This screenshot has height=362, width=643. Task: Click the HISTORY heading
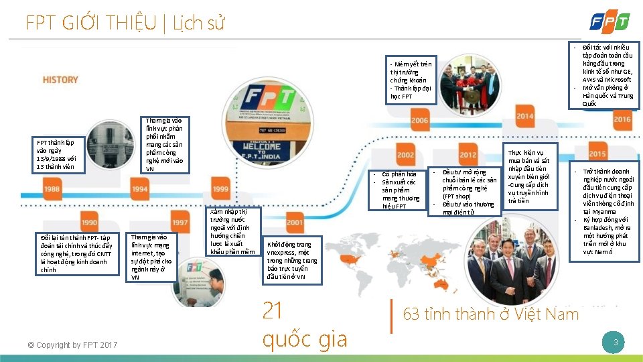(x=60, y=79)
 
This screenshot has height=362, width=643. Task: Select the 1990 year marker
(x=88, y=222)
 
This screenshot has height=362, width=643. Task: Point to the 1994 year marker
(x=139, y=190)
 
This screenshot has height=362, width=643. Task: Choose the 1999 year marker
(x=220, y=190)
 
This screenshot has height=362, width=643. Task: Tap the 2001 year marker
(x=294, y=222)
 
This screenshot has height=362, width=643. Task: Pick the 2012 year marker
(x=468, y=155)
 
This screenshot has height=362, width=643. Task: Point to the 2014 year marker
(x=525, y=116)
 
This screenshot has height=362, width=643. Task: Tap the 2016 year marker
(x=622, y=119)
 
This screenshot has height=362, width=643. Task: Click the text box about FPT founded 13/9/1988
(x=60, y=155)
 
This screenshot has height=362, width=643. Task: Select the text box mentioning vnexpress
(x=292, y=261)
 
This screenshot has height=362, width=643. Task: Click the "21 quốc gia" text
(x=305, y=324)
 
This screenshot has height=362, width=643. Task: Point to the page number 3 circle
(x=615, y=343)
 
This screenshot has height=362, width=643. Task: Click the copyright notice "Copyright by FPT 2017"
(x=72, y=345)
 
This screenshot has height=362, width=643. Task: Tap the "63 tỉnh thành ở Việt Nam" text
(x=490, y=314)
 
